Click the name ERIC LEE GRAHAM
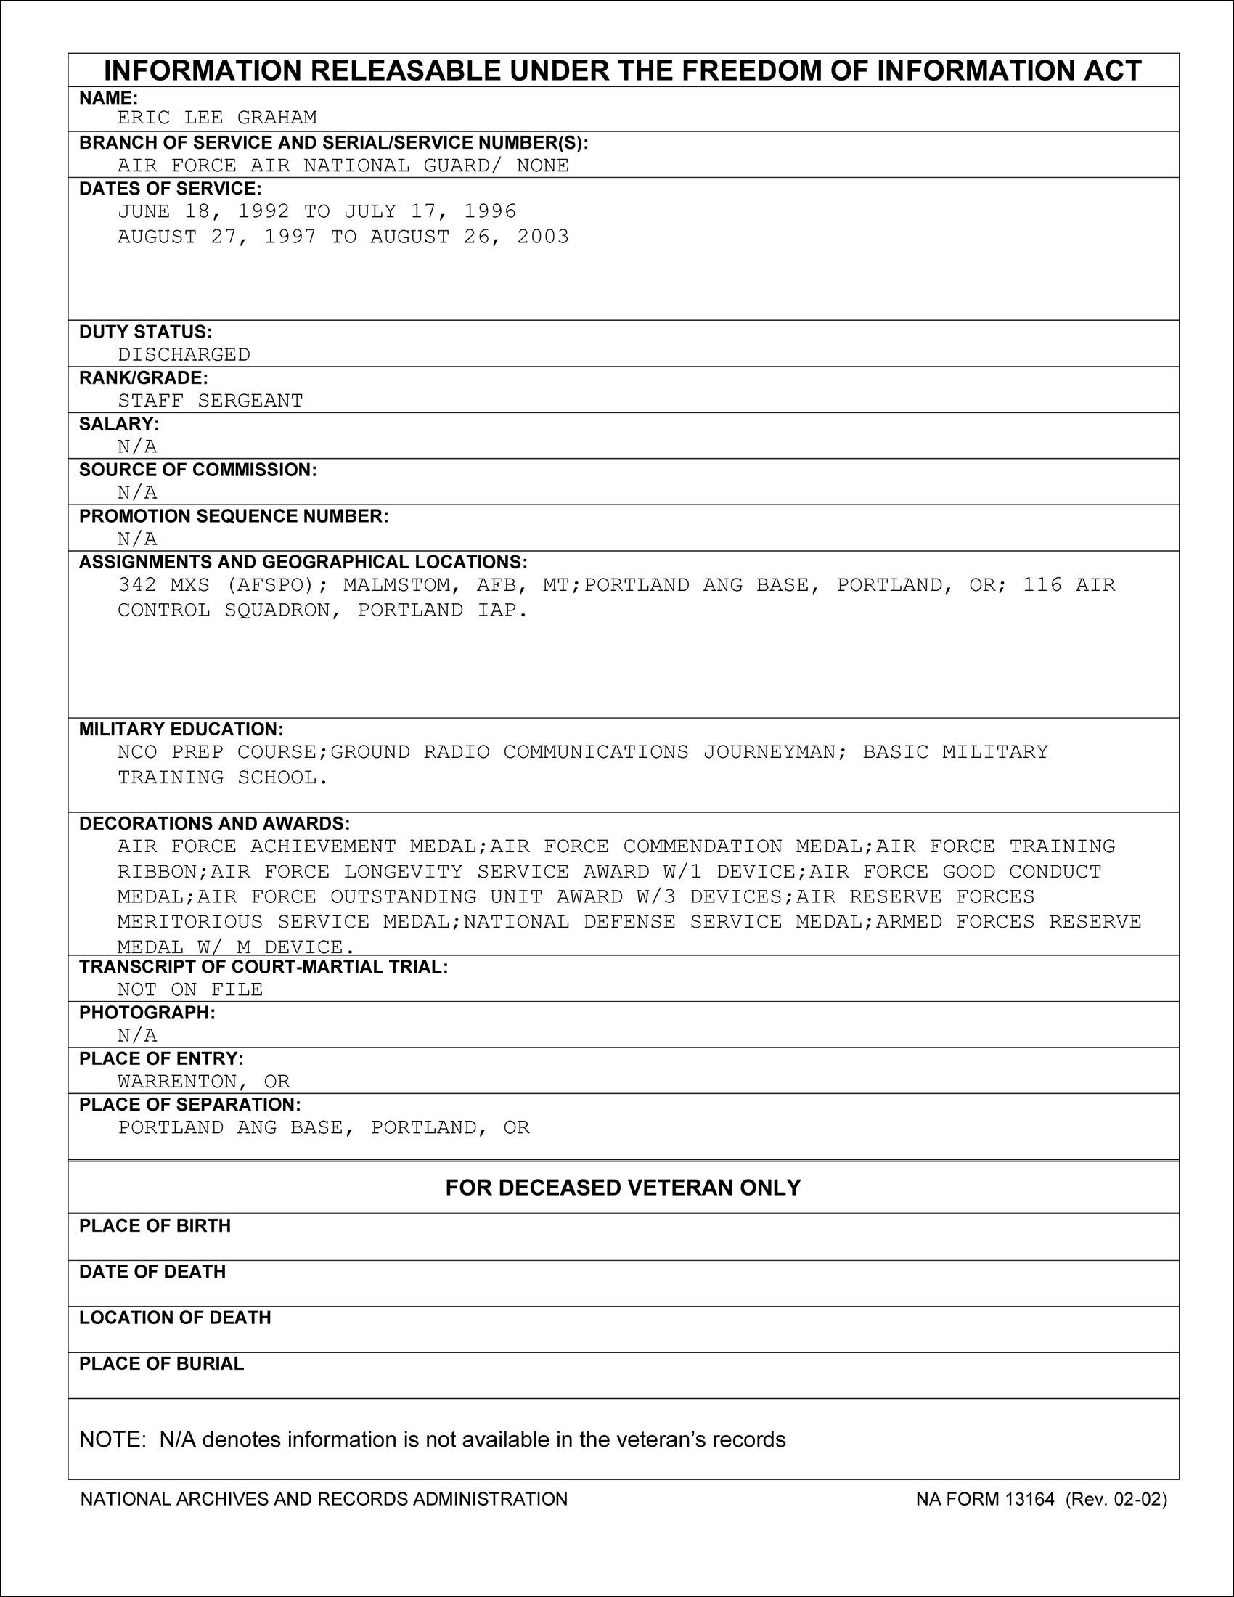217,118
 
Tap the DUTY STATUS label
145,332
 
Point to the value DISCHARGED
184,355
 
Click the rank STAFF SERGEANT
211,401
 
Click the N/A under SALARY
137,446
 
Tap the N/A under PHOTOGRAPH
137,1035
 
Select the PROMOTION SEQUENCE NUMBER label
234,516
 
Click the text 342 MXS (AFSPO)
217,585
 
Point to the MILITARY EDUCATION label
181,729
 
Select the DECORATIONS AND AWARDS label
214,823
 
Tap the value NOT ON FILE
190,989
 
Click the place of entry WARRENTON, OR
204,1082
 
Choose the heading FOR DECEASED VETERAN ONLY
623,1187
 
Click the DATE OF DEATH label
152,1272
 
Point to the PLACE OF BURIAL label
162,1364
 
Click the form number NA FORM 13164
985,1499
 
